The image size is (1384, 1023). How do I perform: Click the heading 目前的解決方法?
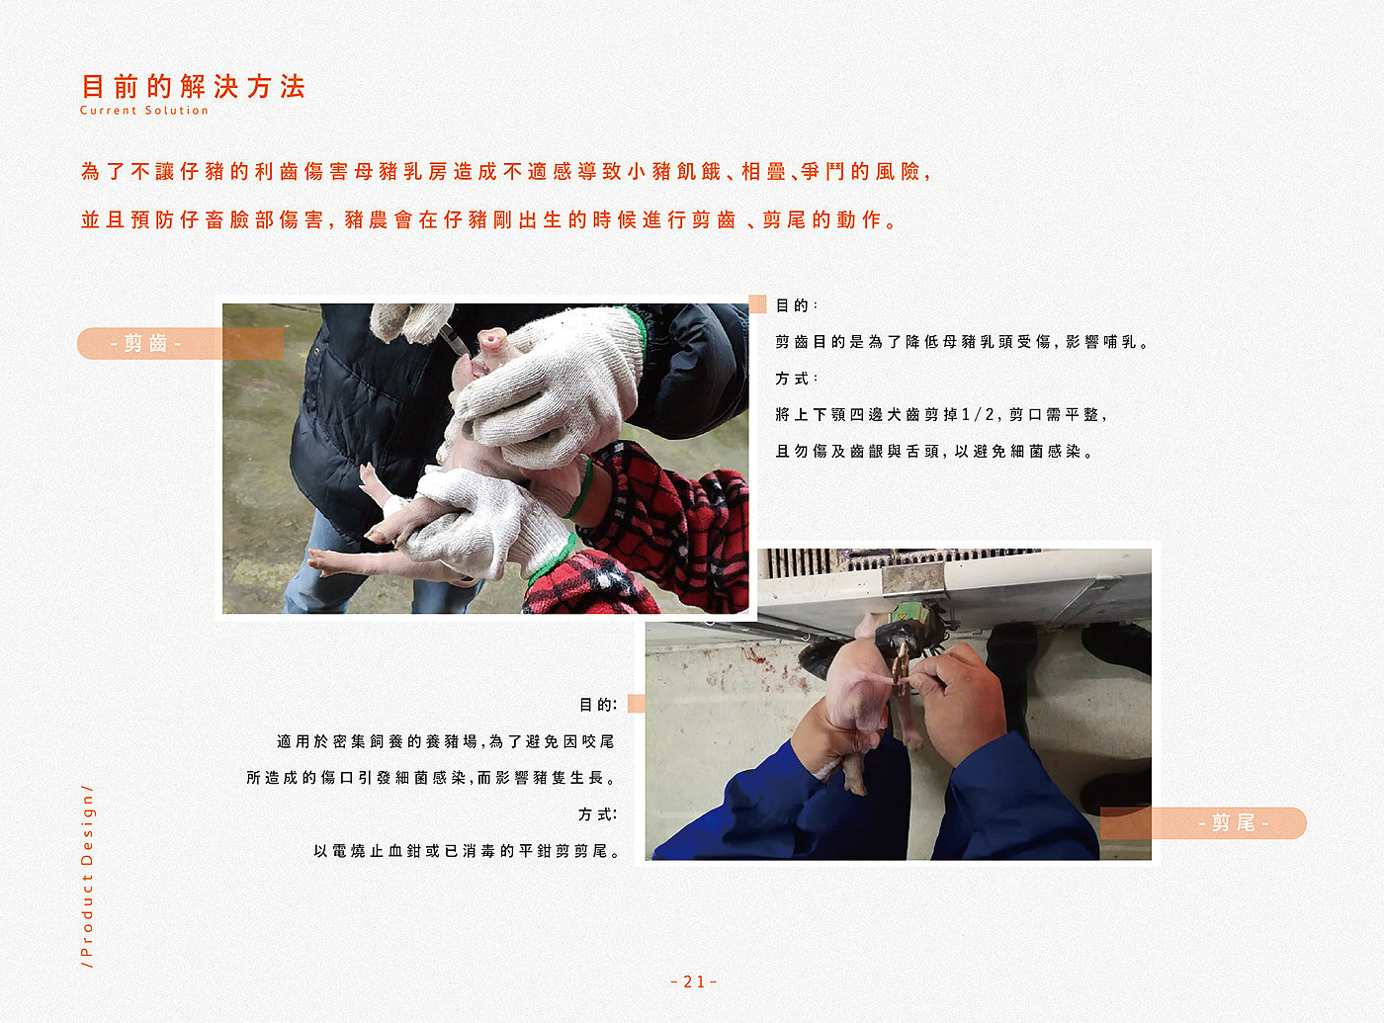pos(194,86)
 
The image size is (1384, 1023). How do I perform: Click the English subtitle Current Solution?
pos(144,111)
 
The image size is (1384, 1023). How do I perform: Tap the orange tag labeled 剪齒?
pos(180,343)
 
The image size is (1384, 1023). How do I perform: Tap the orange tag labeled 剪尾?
pos(1203,822)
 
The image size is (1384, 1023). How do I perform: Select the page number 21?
pos(694,981)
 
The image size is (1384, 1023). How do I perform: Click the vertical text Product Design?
pos(87,877)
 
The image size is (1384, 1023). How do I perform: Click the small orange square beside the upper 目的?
pos(757,304)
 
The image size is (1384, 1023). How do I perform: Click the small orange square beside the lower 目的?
pos(637,704)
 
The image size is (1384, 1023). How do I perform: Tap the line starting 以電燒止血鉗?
pos(467,851)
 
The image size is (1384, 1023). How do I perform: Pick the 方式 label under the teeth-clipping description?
pos(796,379)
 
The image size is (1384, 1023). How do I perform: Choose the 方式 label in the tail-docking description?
pos(597,814)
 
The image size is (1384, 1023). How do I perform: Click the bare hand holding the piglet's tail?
pos(958,699)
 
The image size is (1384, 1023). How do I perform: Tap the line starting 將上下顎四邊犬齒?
pos(941,414)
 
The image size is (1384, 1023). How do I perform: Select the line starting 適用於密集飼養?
pos(446,741)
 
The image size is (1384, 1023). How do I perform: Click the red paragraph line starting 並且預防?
pos(489,219)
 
